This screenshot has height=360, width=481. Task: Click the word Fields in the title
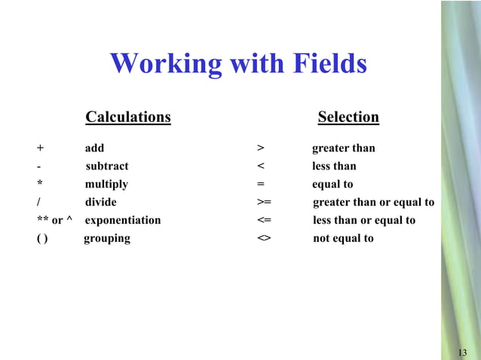[325, 64]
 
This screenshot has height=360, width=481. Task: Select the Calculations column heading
[128, 117]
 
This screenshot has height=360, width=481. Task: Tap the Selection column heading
[348, 117]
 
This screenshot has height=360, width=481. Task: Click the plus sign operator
[40, 148]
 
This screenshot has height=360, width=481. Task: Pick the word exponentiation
[123, 221]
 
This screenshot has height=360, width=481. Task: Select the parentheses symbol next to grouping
[42, 239]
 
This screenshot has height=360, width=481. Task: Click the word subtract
[107, 166]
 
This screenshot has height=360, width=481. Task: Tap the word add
[94, 148]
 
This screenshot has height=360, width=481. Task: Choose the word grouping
[106, 239]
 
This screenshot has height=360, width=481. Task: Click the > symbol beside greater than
[260, 148]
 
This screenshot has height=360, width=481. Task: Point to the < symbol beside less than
[260, 166]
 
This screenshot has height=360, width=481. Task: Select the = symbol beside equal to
[260, 185]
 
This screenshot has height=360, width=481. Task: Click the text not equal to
[343, 239]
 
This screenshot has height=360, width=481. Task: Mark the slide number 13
[462, 353]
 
